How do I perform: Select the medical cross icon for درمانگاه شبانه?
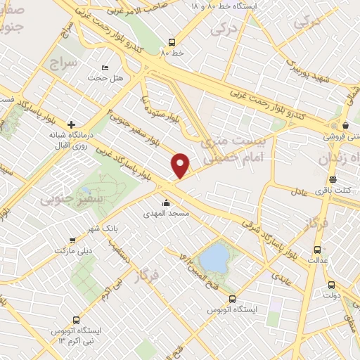point(71,124)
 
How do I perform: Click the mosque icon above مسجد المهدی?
point(165,202)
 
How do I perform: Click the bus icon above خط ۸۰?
point(172,42)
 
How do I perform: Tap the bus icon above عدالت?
point(317,249)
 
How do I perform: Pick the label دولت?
point(330,295)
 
